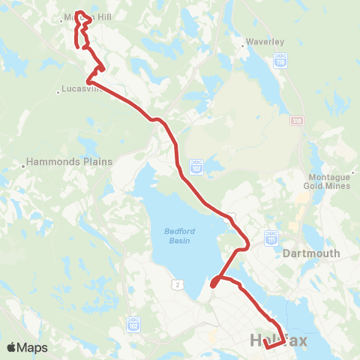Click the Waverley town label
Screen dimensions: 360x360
coord(267,42)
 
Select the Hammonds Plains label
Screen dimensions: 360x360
coord(69,161)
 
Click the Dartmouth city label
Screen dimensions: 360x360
coord(312,253)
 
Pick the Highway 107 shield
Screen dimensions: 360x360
coord(196,163)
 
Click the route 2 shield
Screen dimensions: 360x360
coord(177,283)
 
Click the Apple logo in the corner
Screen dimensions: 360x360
coord(12,347)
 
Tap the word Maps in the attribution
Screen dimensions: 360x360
coord(33,347)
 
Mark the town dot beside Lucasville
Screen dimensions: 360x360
coord(58,93)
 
